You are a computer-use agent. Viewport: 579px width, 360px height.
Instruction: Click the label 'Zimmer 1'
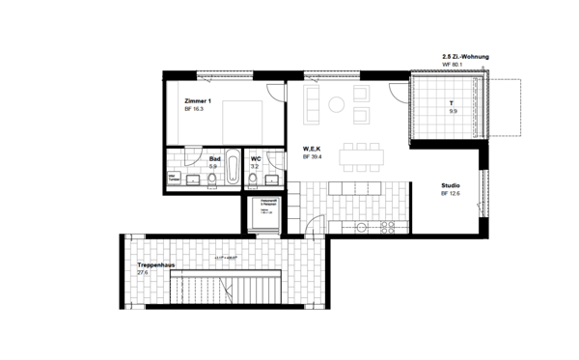197,100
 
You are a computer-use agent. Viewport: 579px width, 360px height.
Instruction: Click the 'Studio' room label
451,184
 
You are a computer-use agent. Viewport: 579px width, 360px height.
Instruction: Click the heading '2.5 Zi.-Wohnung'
465,58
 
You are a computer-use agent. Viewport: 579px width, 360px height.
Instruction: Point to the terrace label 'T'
450,102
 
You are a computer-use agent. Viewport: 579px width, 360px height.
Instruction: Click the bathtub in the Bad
234,172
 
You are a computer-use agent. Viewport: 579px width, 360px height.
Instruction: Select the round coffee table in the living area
340,103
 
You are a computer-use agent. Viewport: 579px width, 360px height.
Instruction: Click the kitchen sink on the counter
361,228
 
